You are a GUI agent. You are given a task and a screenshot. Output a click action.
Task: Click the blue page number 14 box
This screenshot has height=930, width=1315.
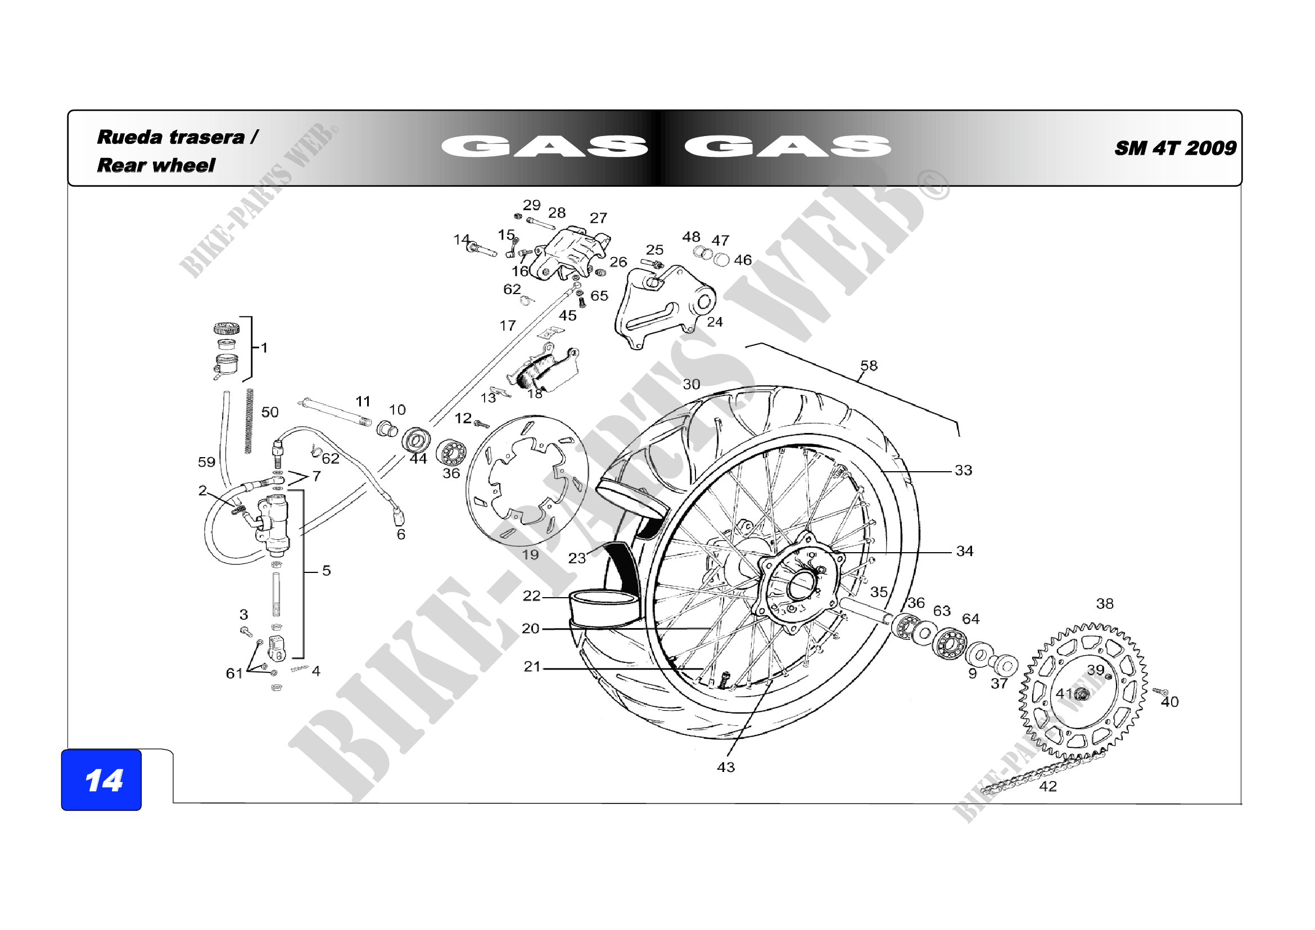coord(101,780)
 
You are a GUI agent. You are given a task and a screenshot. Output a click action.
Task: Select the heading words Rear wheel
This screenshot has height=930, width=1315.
coord(156,165)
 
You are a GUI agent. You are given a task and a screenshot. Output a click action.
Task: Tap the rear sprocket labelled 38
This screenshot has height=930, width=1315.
coord(1082,692)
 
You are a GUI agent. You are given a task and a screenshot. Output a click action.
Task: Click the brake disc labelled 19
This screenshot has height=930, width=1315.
coord(527,480)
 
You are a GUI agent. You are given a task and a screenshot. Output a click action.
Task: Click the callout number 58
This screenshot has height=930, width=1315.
coord(868,365)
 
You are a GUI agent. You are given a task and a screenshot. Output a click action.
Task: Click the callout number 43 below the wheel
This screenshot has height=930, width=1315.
coord(725,767)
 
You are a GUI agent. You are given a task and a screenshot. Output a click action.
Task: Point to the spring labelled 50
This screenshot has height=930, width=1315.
coord(248,421)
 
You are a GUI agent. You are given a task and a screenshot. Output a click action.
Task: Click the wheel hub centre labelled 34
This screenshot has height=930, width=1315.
coord(799,584)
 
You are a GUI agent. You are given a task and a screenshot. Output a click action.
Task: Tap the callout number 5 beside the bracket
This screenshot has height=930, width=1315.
coord(326,570)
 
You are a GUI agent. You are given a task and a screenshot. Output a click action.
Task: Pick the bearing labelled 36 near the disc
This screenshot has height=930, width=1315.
coord(451,453)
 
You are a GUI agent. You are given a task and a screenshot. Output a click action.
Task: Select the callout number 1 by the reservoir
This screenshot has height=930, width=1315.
coord(264,347)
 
